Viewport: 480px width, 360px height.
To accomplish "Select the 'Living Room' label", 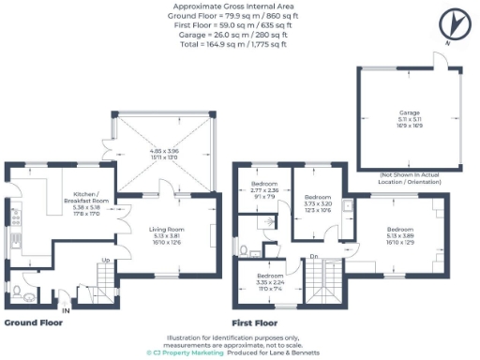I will click(x=164, y=229).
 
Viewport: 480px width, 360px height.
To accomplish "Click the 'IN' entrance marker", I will click(x=66, y=308).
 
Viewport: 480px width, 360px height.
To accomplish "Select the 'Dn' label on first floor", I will click(x=314, y=256).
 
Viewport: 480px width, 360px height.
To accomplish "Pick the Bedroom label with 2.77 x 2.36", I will click(x=265, y=183).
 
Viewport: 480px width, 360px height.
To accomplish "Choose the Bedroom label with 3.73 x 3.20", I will click(x=319, y=198).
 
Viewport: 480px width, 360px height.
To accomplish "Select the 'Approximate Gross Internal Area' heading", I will click(x=239, y=6).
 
